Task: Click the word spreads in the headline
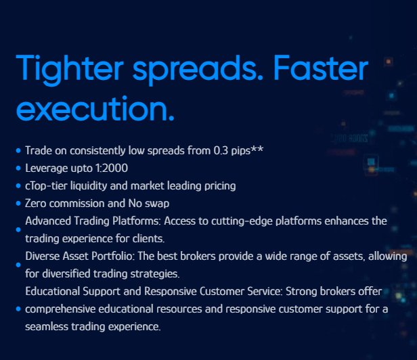(195, 70)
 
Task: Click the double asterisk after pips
(257, 149)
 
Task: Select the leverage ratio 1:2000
(112, 168)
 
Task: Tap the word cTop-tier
(46, 186)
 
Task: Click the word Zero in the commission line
(36, 204)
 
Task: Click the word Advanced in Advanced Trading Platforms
(48, 221)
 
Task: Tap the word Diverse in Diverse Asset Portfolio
(43, 256)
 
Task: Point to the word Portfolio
(112, 256)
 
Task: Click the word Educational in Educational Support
(52, 291)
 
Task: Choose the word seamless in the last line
(47, 326)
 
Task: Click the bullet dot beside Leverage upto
(18, 168)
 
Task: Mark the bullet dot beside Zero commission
(18, 204)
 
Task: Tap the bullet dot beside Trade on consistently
(18, 150)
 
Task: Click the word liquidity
(89, 186)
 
